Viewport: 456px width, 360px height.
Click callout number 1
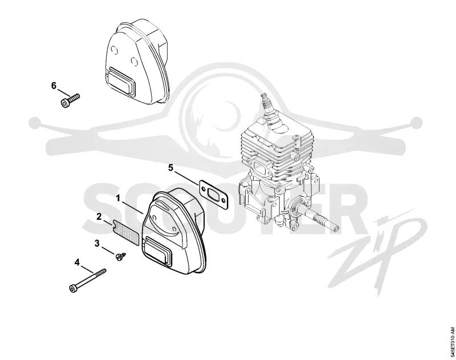[x=118, y=199]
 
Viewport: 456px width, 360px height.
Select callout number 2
[x=99, y=217]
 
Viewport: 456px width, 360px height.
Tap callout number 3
[x=97, y=243]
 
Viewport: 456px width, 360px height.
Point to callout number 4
[x=77, y=262]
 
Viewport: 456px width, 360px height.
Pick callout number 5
[x=170, y=168]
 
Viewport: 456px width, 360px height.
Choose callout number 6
[x=54, y=86]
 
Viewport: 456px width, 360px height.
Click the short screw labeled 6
[x=70, y=100]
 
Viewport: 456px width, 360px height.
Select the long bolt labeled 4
[x=88, y=281]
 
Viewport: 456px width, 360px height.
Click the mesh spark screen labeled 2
[x=126, y=232]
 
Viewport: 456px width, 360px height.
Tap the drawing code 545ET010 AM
[x=452, y=342]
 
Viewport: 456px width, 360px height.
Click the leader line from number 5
[x=187, y=177]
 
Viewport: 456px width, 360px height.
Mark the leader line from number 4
[x=87, y=269]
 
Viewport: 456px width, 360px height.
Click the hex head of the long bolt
[x=73, y=289]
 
